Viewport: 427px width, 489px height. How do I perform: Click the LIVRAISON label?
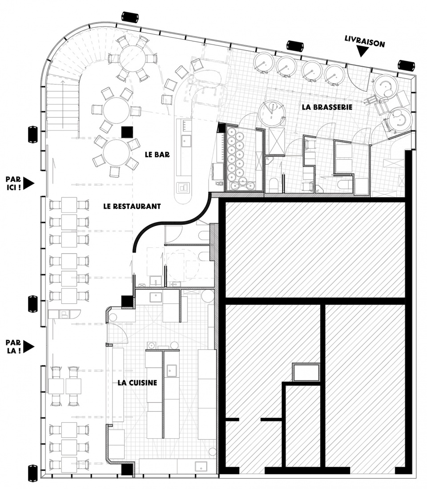pyautogui.click(x=365, y=41)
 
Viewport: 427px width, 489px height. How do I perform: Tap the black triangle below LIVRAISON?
pyautogui.click(x=362, y=52)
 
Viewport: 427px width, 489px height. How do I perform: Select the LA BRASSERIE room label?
pyautogui.click(x=327, y=107)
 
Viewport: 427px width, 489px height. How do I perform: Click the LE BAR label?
pyautogui.click(x=157, y=154)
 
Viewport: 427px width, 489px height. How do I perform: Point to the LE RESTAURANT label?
pyautogui.click(x=132, y=206)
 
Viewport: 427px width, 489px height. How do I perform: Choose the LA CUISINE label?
pyautogui.click(x=137, y=383)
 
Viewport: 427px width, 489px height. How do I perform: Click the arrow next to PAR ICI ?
pyautogui.click(x=28, y=183)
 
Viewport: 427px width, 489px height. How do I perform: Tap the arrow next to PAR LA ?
pyautogui.click(x=28, y=347)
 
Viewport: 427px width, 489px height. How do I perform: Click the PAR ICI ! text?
pyautogui.click(x=13, y=183)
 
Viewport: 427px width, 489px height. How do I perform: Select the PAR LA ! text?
pyautogui.click(x=13, y=347)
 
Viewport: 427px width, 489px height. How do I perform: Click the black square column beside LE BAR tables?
pyautogui.click(x=127, y=132)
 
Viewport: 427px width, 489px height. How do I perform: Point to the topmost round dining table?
pyautogui.click(x=133, y=58)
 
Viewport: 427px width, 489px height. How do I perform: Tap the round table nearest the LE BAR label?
pyautogui.click(x=116, y=153)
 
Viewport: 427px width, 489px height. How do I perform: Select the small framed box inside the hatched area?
pyautogui.click(x=306, y=372)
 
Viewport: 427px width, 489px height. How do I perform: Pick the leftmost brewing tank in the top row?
pyautogui.click(x=263, y=62)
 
